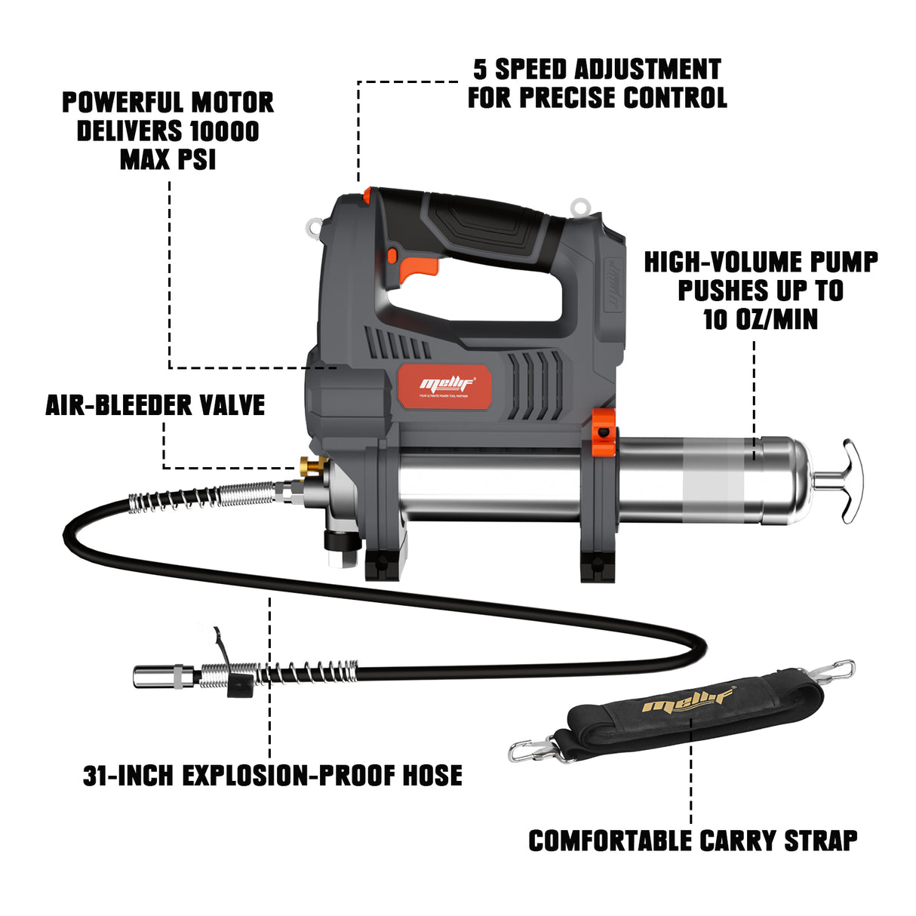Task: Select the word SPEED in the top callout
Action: tap(530, 69)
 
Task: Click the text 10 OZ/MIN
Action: tap(760, 319)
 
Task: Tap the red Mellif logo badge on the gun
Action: tap(445, 386)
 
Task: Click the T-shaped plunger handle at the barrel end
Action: tap(848, 481)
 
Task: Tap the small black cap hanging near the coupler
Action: tap(239, 685)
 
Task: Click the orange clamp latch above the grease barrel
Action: tap(603, 429)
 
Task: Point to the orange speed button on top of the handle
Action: tap(367, 195)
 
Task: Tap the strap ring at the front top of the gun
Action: tap(315, 227)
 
